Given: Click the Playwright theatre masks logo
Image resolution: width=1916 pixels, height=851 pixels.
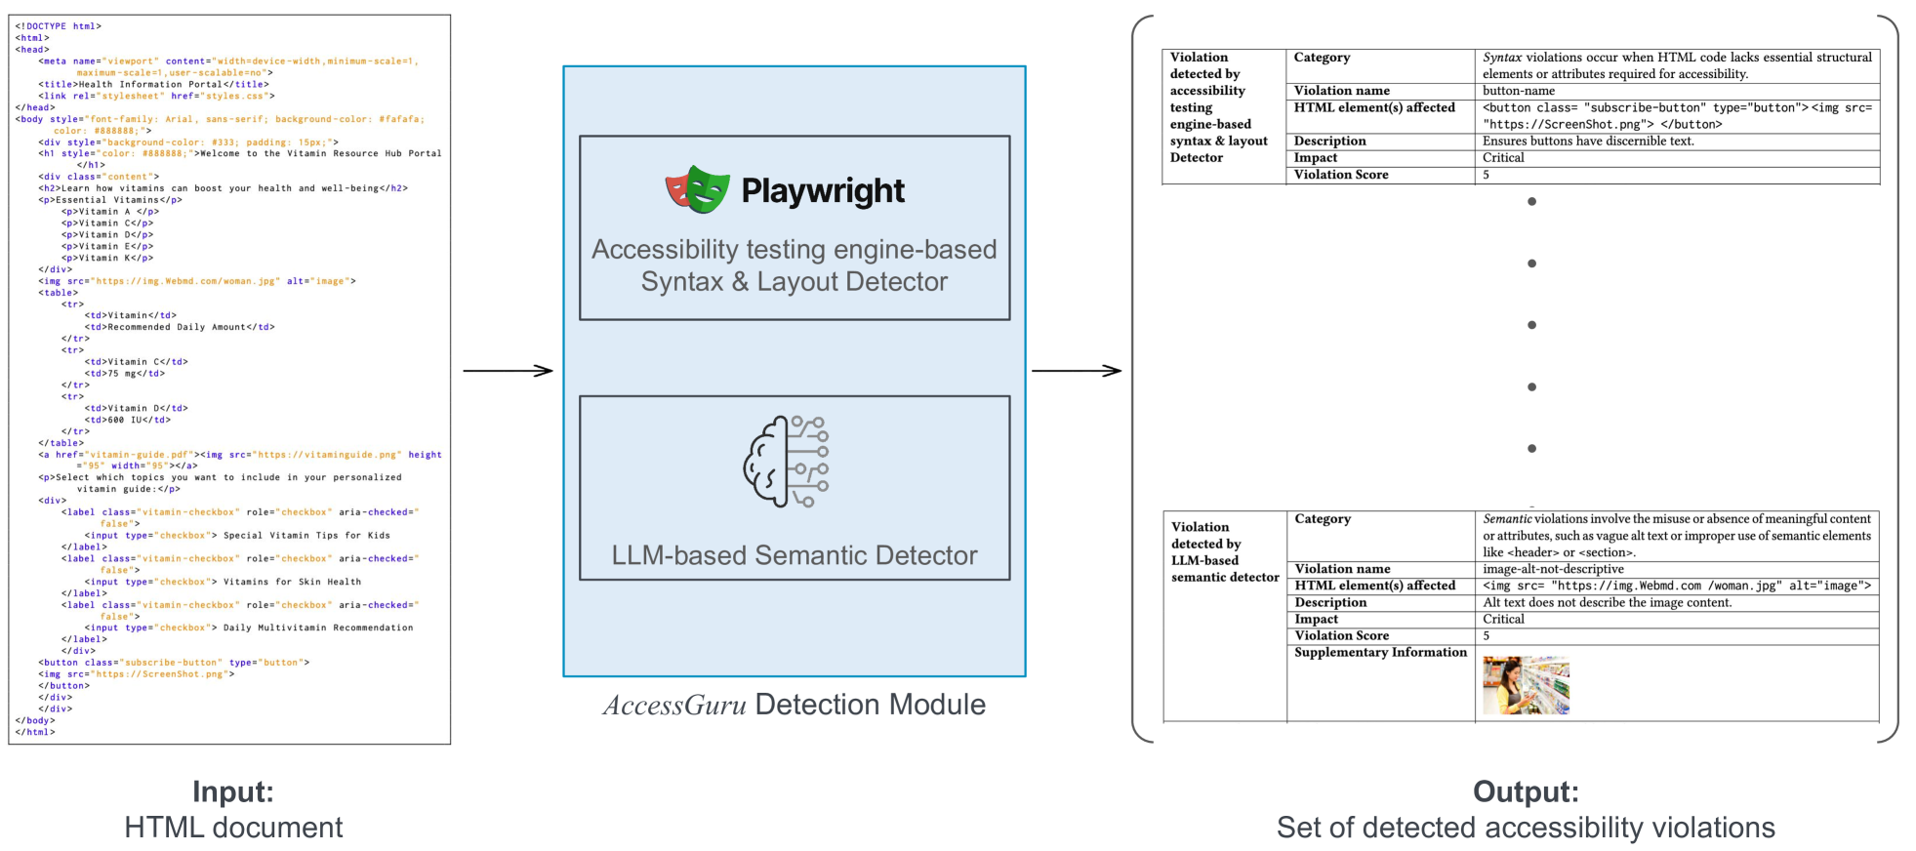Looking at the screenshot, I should (x=697, y=189).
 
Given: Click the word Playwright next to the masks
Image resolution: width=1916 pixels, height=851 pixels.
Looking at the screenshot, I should (x=823, y=190).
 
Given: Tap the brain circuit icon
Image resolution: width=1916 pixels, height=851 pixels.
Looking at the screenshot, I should (x=787, y=462).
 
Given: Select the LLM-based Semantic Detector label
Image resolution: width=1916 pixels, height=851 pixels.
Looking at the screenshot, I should (x=794, y=555).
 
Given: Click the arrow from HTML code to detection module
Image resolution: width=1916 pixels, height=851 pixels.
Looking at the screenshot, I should (x=508, y=371).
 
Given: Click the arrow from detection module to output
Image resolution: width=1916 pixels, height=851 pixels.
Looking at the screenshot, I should (x=1076, y=371).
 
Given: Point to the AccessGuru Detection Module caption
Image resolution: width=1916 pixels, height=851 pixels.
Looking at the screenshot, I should (x=794, y=705).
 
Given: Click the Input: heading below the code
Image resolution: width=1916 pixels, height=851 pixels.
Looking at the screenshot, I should (x=232, y=791).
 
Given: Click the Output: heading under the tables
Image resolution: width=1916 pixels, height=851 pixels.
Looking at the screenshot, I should (x=1525, y=791).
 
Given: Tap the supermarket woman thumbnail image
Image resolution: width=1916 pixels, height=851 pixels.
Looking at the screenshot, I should (x=1526, y=685).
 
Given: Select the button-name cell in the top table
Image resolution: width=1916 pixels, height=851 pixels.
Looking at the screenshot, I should (x=1519, y=91).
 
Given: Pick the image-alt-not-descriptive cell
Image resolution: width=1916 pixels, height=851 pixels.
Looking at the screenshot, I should (x=1553, y=569).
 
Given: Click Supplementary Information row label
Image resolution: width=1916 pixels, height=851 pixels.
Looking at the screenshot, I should (x=1380, y=652).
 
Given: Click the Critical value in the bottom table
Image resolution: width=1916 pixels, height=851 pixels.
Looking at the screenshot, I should (x=1503, y=619).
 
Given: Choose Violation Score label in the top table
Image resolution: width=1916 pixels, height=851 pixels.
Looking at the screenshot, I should (x=1340, y=175).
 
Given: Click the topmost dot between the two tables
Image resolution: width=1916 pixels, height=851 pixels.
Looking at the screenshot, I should (x=1531, y=202).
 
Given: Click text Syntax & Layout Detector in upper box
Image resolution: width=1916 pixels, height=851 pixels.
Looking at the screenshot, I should (x=794, y=282).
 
